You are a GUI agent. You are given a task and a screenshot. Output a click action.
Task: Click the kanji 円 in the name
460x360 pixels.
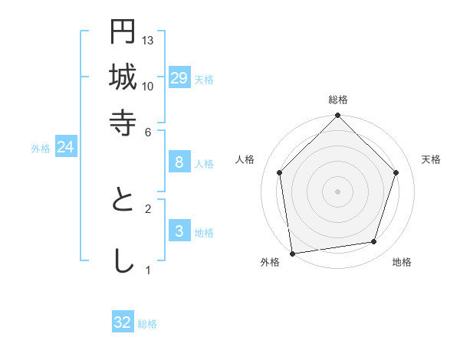point(123,31)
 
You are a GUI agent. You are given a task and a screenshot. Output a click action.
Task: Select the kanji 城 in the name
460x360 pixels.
point(123,77)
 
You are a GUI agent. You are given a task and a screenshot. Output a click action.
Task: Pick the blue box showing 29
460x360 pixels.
point(179,78)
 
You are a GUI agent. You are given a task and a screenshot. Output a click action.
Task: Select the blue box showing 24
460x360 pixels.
point(65,148)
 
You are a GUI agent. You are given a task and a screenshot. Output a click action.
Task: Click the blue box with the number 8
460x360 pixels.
point(179,162)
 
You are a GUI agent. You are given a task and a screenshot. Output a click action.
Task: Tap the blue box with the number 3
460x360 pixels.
point(179,231)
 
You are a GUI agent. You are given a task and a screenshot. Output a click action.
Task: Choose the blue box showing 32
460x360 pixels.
point(123,322)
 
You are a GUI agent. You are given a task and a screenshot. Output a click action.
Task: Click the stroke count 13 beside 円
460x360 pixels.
point(149,40)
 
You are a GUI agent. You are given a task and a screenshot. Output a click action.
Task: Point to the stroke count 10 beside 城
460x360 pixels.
point(149,86)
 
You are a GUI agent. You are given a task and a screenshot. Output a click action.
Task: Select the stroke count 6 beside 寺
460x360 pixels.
point(149,132)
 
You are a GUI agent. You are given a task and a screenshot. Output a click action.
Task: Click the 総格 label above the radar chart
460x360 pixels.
point(338,100)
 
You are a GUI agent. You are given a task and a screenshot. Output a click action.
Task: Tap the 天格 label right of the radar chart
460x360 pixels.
point(431,159)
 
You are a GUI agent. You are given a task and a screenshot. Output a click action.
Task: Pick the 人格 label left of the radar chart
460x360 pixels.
point(245,159)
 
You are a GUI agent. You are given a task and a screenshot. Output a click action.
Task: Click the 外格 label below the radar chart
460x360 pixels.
point(270,262)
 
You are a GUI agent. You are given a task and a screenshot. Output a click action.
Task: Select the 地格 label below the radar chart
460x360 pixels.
point(402,262)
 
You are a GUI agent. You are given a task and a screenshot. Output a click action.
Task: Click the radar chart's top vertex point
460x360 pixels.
point(338,116)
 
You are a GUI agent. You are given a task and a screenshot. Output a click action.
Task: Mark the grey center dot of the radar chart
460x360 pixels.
point(338,191)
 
